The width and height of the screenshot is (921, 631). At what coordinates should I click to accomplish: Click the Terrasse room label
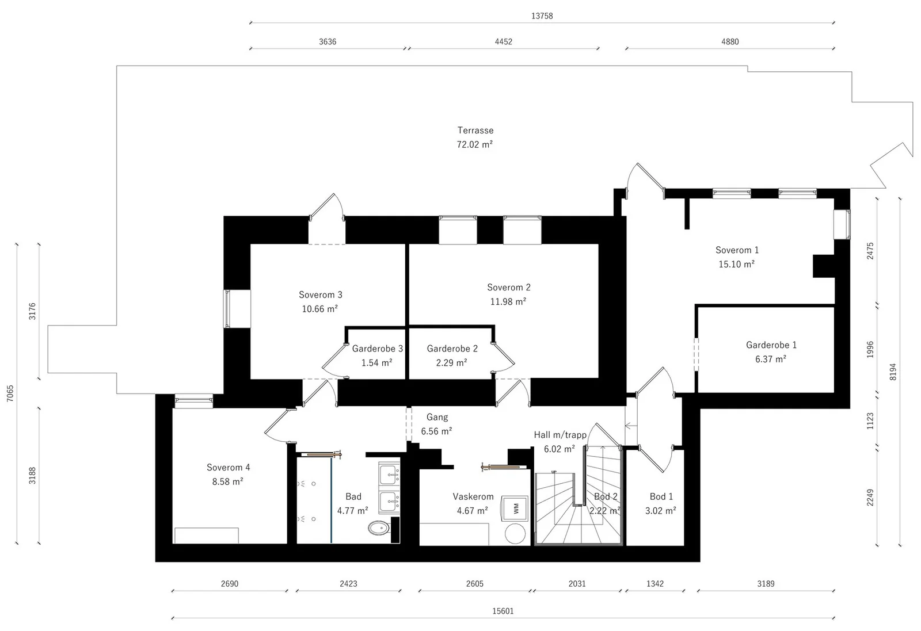click(x=475, y=131)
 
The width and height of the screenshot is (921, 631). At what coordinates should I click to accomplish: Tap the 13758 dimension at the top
click(x=542, y=16)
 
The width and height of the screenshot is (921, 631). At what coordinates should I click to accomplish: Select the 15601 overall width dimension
click(x=503, y=611)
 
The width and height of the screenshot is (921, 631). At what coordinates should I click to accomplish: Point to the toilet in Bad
click(x=379, y=528)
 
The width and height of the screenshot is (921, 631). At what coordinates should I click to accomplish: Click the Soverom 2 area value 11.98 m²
click(x=508, y=301)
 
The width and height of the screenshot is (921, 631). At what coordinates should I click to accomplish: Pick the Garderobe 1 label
click(x=771, y=345)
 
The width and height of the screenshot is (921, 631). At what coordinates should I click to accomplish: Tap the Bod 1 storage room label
click(x=661, y=496)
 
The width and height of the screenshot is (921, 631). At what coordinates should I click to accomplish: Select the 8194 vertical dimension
click(x=893, y=372)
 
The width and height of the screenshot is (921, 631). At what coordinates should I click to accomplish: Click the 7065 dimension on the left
click(x=10, y=393)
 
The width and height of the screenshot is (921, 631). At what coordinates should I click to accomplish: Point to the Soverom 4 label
click(x=228, y=468)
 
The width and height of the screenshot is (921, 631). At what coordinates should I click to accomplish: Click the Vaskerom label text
click(x=473, y=496)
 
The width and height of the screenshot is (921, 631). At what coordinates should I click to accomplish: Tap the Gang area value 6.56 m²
click(x=437, y=431)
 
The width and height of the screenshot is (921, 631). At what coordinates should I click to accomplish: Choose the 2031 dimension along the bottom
click(x=577, y=584)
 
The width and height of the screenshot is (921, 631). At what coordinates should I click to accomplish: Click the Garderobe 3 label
click(x=378, y=349)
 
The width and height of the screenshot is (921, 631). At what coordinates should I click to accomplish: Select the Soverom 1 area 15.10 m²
click(x=736, y=264)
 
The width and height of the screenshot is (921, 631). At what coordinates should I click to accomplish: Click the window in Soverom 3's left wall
click(x=237, y=309)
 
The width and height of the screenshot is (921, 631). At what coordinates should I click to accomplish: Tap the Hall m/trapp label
click(x=560, y=435)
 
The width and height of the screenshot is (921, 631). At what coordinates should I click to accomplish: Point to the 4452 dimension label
click(x=503, y=41)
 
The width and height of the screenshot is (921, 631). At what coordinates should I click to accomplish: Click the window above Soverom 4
click(x=193, y=401)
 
